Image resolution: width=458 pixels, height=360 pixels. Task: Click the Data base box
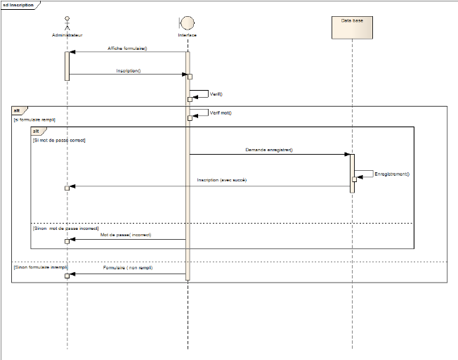pyautogui.click(x=351, y=26)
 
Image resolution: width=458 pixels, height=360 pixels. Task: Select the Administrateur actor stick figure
pyautogui.click(x=67, y=22)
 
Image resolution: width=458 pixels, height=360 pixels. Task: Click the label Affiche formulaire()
pyautogui.click(x=127, y=49)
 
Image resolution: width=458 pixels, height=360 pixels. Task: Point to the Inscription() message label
pyautogui.click(x=129, y=70)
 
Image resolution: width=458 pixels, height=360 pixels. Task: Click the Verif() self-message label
pyautogui.click(x=216, y=94)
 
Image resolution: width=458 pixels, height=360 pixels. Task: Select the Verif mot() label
pyautogui.click(x=221, y=112)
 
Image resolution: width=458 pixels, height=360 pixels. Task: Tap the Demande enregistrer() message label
pyautogui.click(x=269, y=150)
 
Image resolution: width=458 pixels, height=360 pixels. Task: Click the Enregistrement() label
pyautogui.click(x=392, y=173)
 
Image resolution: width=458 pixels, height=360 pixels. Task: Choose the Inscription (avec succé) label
pyautogui.click(x=222, y=181)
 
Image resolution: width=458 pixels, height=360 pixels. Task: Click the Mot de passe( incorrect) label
pyautogui.click(x=126, y=235)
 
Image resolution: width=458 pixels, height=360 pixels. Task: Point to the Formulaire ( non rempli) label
pyautogui.click(x=128, y=269)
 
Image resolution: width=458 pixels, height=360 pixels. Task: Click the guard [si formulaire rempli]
pyautogui.click(x=34, y=120)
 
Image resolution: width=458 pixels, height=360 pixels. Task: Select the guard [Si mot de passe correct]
pyautogui.click(x=59, y=139)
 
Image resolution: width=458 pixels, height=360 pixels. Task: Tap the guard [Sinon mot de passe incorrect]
pyautogui.click(x=65, y=229)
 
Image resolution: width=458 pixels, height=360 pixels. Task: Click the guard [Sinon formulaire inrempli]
pyautogui.click(x=40, y=268)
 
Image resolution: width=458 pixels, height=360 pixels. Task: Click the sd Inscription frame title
pyautogui.click(x=18, y=4)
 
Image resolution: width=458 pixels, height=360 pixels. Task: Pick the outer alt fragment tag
pyautogui.click(x=18, y=111)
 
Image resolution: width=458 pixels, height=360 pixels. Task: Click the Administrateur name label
pyautogui.click(x=67, y=34)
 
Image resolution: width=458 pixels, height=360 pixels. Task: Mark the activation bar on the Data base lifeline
pyautogui.click(x=352, y=173)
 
